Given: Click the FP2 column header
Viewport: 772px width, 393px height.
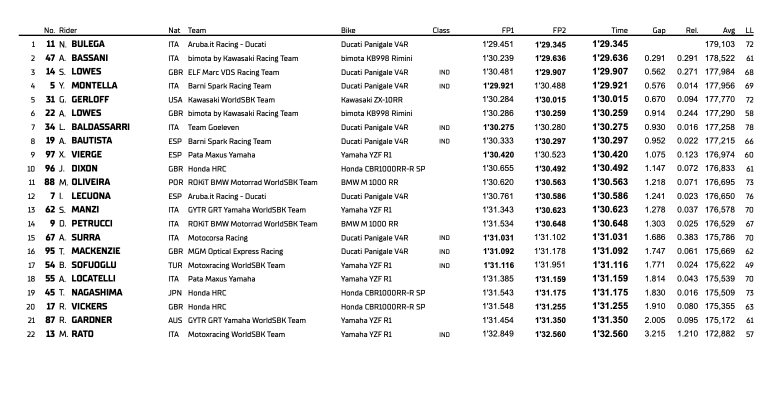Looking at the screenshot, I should point(559,30).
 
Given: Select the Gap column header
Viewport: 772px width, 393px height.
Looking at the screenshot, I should point(659,30).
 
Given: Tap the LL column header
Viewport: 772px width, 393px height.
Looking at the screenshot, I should point(749,30).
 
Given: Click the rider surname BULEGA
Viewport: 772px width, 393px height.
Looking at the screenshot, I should point(88,44).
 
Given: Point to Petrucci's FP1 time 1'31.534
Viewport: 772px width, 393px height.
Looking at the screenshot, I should point(498,223).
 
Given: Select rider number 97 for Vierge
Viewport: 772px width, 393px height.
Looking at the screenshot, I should point(50,154).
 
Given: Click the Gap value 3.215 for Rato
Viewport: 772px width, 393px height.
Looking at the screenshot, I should point(655,334).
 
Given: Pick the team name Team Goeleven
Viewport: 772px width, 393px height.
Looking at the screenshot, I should point(213,127).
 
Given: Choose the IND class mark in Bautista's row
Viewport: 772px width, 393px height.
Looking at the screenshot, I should point(444,141).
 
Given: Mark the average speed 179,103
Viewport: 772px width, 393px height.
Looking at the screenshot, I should point(720,44).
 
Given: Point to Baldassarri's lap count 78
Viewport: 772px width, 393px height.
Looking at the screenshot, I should point(749,127).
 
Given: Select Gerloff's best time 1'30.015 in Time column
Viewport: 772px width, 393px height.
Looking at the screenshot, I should point(610,99).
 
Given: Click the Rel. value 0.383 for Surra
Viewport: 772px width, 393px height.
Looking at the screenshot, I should point(687,237).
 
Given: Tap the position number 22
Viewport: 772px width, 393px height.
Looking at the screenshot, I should point(31,334).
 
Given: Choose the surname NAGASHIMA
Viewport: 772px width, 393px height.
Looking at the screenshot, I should point(97,292).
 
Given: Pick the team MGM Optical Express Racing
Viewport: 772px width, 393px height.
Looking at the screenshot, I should point(235,251).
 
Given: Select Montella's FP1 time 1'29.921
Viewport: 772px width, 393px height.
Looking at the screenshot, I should point(498,86).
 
